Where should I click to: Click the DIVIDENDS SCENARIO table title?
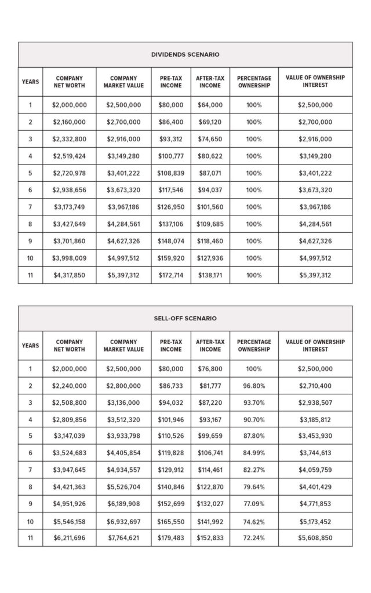click(185, 54)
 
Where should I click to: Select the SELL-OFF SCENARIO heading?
click(185, 319)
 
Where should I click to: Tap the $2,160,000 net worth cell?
click(69, 122)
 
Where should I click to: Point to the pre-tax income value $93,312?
click(170, 139)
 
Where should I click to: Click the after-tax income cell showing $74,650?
click(210, 139)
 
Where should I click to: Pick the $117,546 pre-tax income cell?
click(170, 190)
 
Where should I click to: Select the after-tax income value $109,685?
click(210, 224)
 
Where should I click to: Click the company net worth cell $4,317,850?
click(69, 275)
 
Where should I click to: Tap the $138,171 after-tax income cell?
click(210, 275)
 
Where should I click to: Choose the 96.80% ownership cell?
click(254, 386)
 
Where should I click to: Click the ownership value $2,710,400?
click(315, 386)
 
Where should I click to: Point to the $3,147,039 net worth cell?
click(69, 436)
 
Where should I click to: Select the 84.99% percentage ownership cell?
click(254, 453)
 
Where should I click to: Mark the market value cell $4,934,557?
click(123, 470)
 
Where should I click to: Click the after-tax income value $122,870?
click(210, 487)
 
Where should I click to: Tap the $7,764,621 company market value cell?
click(123, 537)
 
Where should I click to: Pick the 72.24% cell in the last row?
click(254, 537)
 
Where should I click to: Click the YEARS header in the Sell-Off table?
click(30, 346)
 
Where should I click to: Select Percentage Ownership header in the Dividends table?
click(254, 82)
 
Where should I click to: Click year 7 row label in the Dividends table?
click(30, 207)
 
